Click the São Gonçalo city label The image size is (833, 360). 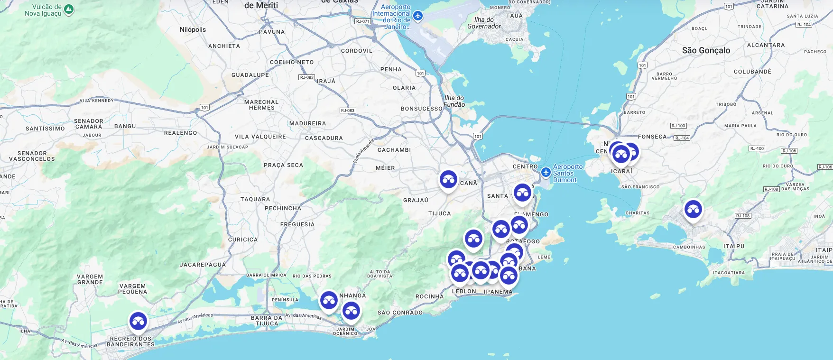click(706, 51)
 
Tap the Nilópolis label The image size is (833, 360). click(193, 29)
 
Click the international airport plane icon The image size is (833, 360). click(417, 16)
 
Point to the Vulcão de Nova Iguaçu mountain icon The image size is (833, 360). click(69, 9)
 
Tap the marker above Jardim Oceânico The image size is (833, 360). click(351, 312)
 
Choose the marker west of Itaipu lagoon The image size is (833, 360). click(693, 209)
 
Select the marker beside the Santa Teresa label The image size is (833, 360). click(522, 193)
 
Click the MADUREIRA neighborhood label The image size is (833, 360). click(307, 123)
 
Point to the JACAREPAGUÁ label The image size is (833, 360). click(203, 265)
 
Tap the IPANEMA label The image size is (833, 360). click(498, 292)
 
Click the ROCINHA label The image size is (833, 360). click(429, 296)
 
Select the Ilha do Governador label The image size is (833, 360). click(484, 23)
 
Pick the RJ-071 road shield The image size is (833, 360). click(362, 21)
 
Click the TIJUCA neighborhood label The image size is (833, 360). click(439, 213)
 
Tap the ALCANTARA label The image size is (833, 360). click(766, 46)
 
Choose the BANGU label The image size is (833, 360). click(125, 126)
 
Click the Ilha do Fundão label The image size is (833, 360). click(454, 101)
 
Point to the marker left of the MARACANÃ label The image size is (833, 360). click(448, 180)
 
